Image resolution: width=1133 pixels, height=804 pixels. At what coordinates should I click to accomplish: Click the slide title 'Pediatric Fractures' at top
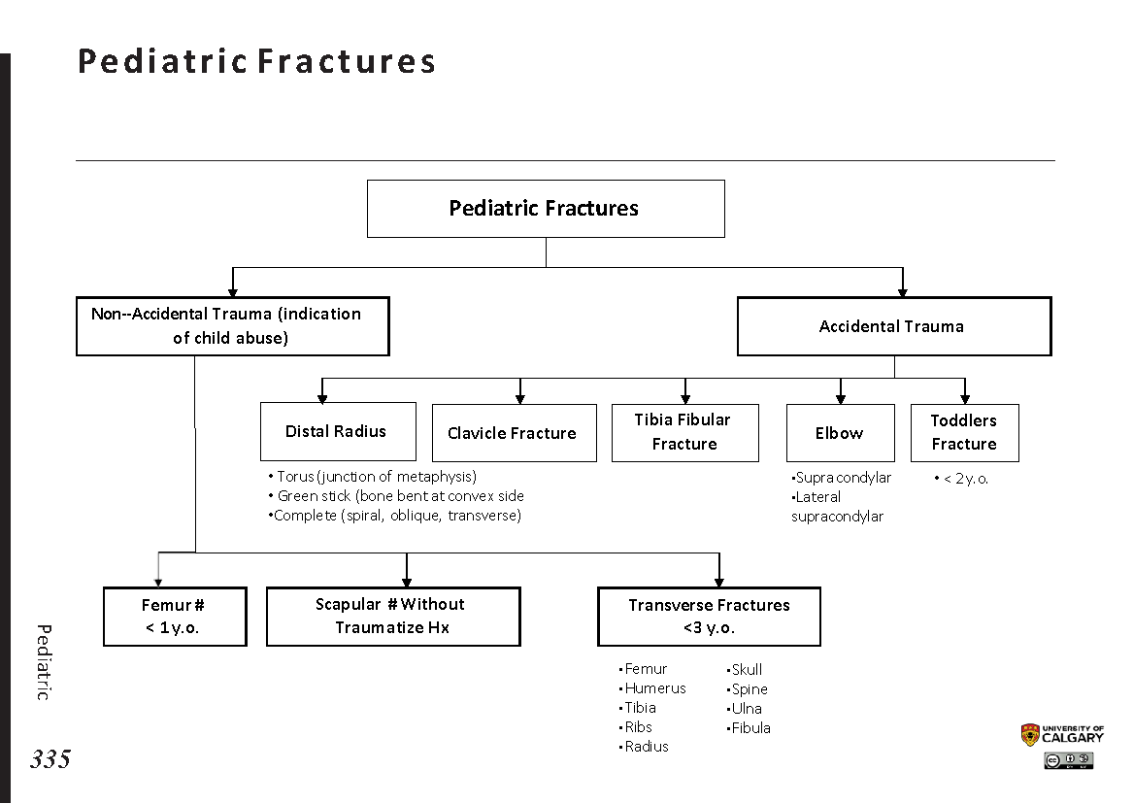[x=256, y=61]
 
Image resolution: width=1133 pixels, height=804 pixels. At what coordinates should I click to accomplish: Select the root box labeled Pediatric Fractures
[x=545, y=208]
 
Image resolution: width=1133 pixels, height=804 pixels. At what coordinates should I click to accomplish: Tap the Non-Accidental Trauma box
[x=232, y=326]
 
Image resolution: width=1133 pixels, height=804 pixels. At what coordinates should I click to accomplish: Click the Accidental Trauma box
[x=893, y=326]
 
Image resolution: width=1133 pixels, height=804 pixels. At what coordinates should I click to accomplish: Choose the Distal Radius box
[x=337, y=431]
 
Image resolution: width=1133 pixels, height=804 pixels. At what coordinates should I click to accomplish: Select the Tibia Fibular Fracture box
[x=684, y=432]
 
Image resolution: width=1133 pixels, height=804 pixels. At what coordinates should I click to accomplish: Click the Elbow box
[x=840, y=433]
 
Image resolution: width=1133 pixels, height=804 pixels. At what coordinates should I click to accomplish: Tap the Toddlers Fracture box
[x=964, y=432]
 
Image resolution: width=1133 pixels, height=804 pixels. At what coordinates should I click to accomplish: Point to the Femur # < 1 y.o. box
[x=175, y=617]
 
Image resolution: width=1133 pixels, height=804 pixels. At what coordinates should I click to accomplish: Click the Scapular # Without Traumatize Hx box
[x=392, y=617]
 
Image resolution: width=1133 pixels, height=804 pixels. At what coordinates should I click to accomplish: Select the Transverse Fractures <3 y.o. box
[x=709, y=617]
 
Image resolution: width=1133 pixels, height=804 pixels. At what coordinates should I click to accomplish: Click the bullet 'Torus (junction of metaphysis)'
[x=376, y=477]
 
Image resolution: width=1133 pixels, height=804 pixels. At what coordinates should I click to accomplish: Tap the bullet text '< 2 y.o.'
[x=964, y=479]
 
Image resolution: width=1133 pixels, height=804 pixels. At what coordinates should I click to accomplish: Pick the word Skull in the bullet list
[x=747, y=670]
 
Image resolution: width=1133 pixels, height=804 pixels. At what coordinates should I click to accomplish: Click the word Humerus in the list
[x=655, y=688]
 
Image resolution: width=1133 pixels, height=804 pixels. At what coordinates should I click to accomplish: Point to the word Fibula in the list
[x=750, y=728]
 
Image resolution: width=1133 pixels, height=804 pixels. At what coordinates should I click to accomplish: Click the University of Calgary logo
[x=1062, y=735]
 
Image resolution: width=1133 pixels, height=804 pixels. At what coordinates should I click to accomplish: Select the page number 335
[x=50, y=759]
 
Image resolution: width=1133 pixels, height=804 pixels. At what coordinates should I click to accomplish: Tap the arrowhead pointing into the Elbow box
[x=841, y=398]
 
